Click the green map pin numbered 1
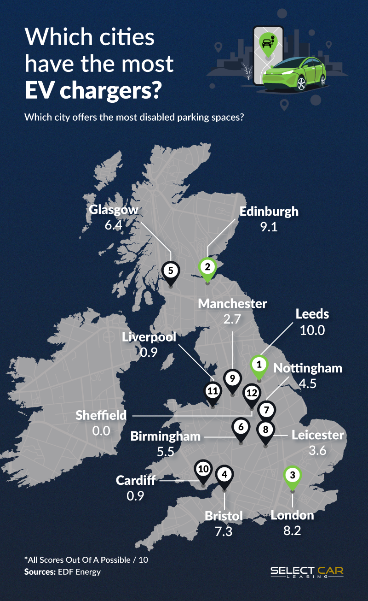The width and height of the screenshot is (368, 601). pyautogui.click(x=259, y=364)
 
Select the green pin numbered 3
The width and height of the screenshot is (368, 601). pyautogui.click(x=292, y=474)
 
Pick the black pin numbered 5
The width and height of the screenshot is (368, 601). pyautogui.click(x=171, y=270)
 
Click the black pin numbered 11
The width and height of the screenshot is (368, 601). pyautogui.click(x=212, y=392)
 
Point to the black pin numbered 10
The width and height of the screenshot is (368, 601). pyautogui.click(x=203, y=469)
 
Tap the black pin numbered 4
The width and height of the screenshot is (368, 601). pyautogui.click(x=224, y=474)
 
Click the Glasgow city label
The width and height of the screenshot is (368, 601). pyautogui.click(x=114, y=210)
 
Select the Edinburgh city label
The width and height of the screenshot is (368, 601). pyautogui.click(x=269, y=212)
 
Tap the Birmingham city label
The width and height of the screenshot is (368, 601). pyautogui.click(x=166, y=436)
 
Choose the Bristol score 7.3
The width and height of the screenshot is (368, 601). pyautogui.click(x=224, y=531)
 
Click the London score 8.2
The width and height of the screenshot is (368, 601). pyautogui.click(x=292, y=531)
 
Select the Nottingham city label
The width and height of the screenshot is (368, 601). pyautogui.click(x=308, y=368)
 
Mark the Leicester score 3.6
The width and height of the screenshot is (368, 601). pyautogui.click(x=317, y=450)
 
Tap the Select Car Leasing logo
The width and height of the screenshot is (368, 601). pyautogui.click(x=306, y=572)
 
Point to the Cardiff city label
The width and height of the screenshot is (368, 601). pyautogui.click(x=136, y=481)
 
